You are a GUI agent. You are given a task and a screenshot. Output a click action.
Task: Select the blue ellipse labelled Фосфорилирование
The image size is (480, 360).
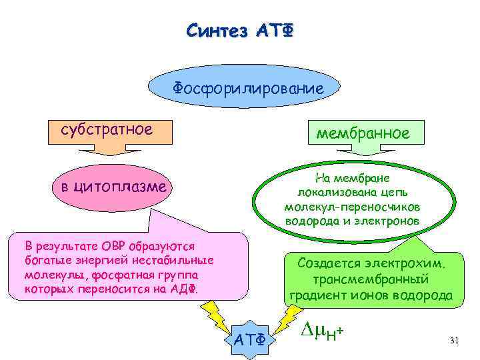pyautogui.click(x=247, y=88)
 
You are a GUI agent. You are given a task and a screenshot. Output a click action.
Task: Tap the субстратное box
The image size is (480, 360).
pyautogui.click(x=107, y=129)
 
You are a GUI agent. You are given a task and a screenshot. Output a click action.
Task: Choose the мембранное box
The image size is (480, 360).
pyautogui.click(x=363, y=133)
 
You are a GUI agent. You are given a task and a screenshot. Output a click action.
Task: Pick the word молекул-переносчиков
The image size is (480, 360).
pyautogui.click(x=353, y=206)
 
